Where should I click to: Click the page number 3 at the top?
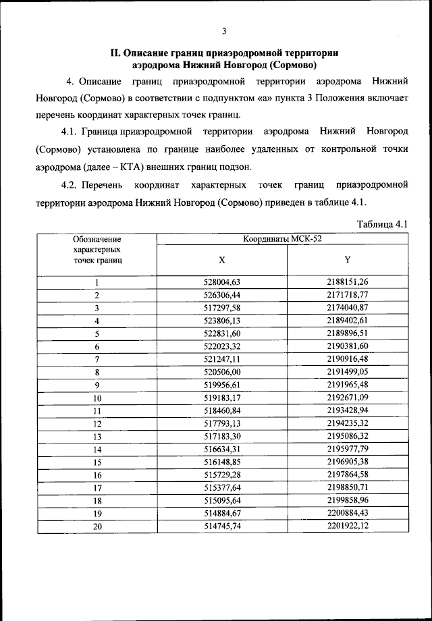point(224,30)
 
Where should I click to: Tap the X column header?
point(222,260)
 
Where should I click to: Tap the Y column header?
point(347,260)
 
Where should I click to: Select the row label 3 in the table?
point(97,308)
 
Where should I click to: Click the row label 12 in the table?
point(97,424)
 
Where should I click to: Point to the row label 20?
point(97,526)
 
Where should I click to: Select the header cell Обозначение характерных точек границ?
point(97,249)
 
